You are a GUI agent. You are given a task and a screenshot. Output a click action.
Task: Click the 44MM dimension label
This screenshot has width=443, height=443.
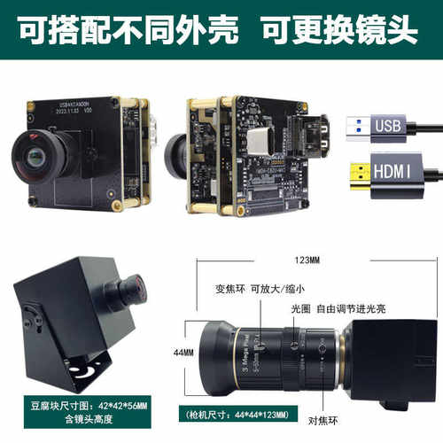point(184,352)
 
